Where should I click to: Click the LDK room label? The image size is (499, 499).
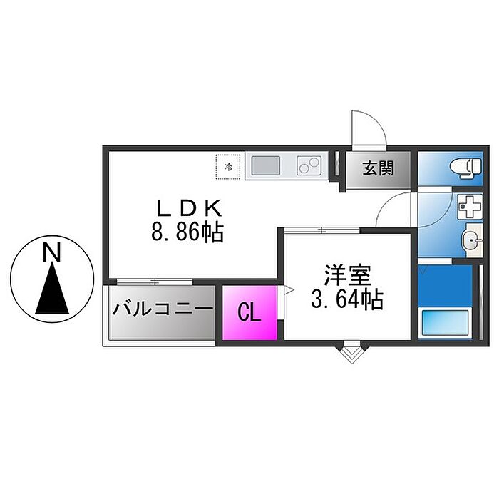[190, 208]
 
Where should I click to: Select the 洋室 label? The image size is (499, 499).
[347, 275]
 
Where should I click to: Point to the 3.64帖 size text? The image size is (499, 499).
[347, 299]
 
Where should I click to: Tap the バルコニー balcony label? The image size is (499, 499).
[163, 311]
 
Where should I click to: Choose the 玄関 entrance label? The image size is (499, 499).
[377, 170]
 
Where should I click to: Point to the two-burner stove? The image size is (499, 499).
[309, 167]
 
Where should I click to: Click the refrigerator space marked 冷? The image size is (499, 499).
[229, 167]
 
